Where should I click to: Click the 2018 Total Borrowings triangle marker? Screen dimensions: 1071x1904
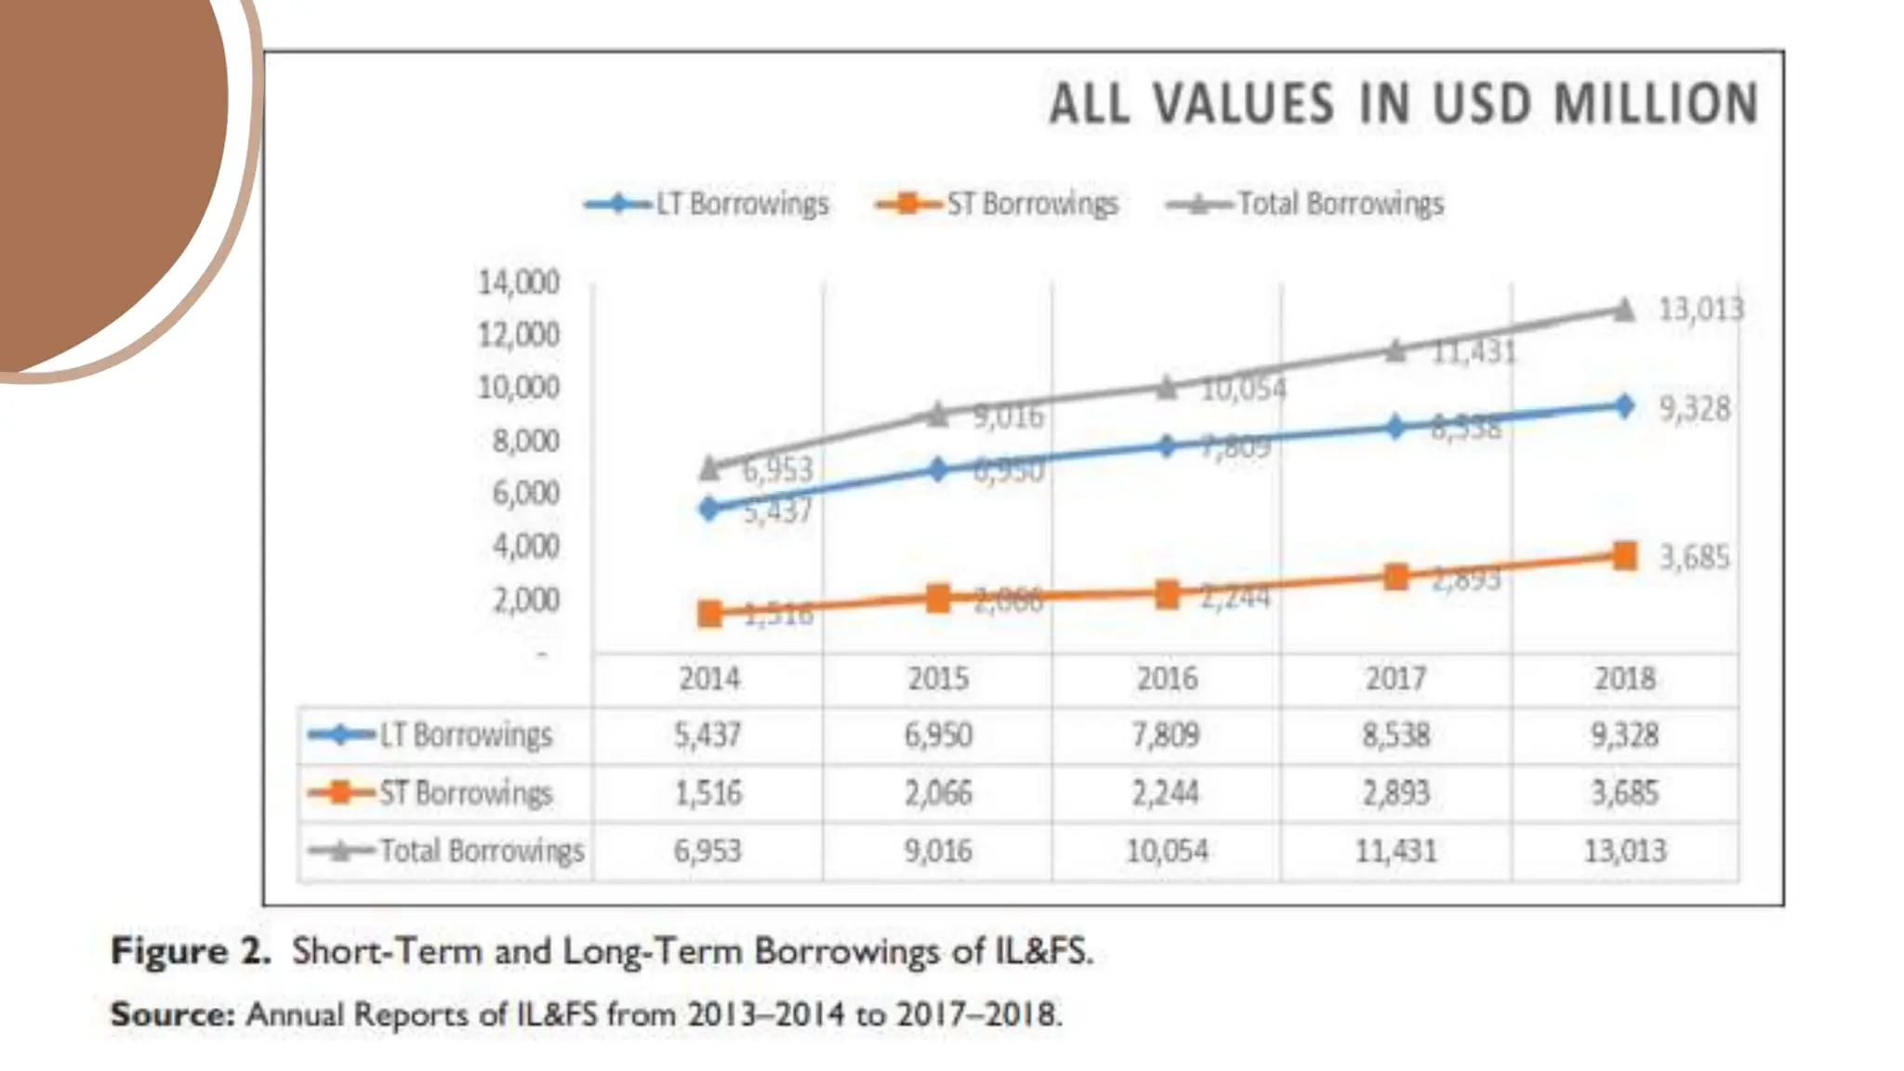click(1623, 310)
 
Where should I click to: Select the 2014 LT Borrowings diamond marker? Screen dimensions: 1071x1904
click(709, 508)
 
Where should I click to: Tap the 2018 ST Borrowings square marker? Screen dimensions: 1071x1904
click(1624, 556)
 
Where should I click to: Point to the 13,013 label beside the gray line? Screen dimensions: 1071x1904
click(1701, 310)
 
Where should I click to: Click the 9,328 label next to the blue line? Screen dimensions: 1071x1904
click(1695, 408)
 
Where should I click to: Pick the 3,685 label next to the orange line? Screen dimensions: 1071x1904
click(1695, 557)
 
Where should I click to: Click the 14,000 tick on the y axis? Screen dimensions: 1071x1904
click(519, 282)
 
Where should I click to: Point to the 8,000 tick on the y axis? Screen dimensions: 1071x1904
click(525, 441)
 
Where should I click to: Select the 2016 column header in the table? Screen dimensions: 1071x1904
click(1167, 679)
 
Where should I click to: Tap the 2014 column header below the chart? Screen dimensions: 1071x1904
click(709, 679)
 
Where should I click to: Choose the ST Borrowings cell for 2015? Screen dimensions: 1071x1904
click(938, 793)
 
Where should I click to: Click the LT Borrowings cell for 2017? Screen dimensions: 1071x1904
click(1395, 735)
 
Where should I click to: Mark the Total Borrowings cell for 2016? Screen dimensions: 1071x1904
click(1167, 851)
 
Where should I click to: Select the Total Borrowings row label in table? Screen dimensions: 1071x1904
click(482, 851)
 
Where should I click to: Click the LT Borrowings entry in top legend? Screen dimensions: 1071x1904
click(741, 204)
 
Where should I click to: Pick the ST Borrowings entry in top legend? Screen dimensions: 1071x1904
click(1032, 204)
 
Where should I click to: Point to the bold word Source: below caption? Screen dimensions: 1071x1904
click(173, 1013)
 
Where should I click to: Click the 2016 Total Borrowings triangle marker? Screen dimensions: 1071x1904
click(1167, 387)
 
